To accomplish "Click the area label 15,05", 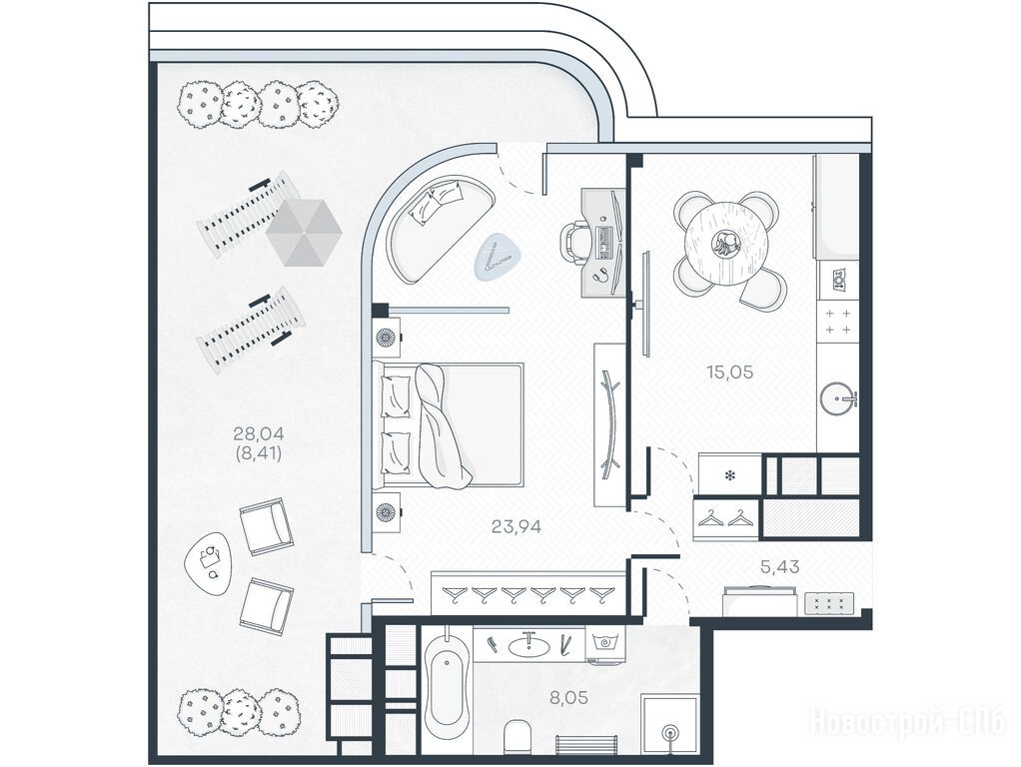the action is [729, 373].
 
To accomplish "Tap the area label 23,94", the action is [516, 526].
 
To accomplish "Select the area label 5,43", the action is [780, 567].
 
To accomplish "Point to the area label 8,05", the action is [568, 698].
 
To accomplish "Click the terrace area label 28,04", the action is [259, 433].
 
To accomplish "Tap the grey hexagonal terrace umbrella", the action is [304, 233].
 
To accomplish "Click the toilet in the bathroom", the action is [518, 736].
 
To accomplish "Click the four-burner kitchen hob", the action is [838, 322].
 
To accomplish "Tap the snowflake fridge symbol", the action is [730, 475].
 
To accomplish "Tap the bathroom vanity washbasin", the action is [527, 646].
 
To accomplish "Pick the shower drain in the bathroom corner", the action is [670, 732].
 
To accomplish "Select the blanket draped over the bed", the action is [441, 426].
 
